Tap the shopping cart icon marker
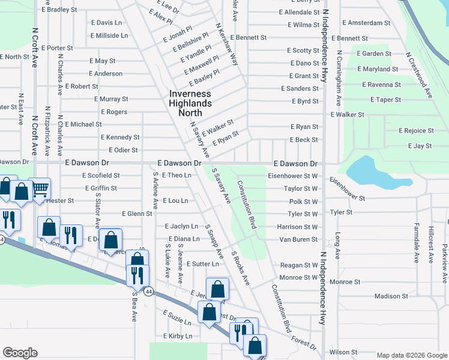[x=40, y=189]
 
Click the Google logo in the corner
[x=20, y=353]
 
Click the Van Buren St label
[x=298, y=239]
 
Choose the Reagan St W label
[x=299, y=265]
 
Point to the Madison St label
[x=391, y=296]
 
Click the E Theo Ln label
[x=176, y=175]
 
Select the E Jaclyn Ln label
[x=181, y=226]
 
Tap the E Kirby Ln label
[x=177, y=337]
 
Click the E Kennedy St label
[x=120, y=137]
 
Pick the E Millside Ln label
[x=109, y=35]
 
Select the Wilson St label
[x=343, y=352]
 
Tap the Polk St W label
[x=303, y=202]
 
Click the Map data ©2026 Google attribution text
[x=411, y=355]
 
